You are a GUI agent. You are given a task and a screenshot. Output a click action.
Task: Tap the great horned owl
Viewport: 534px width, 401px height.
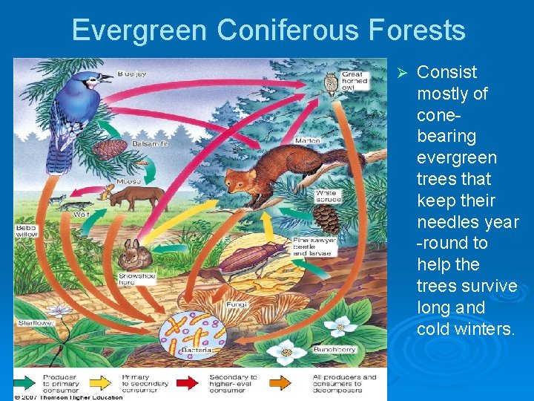click(332, 82)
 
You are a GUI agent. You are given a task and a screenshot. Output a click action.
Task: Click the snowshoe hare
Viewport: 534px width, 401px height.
click(136, 254)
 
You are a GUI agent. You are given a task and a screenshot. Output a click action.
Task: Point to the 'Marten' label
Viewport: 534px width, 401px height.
click(307, 140)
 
